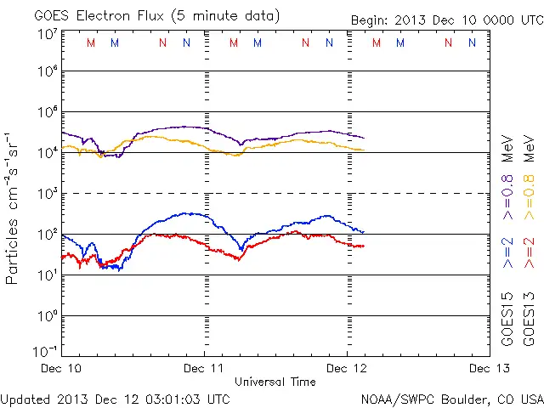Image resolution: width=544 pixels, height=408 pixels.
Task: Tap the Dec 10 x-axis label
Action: tap(61, 368)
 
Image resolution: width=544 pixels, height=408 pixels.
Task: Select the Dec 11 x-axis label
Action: tap(204, 368)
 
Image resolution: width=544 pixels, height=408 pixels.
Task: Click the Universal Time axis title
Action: tap(275, 382)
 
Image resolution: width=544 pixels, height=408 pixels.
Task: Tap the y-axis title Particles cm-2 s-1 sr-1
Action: tap(14, 207)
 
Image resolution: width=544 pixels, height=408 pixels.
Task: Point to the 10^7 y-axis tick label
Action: tap(47, 34)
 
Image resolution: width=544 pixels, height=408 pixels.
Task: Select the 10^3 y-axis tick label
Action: tap(47, 193)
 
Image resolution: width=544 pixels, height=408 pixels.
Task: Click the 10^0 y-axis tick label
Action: tap(47, 315)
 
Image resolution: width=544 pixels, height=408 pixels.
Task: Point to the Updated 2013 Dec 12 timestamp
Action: tap(116, 398)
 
